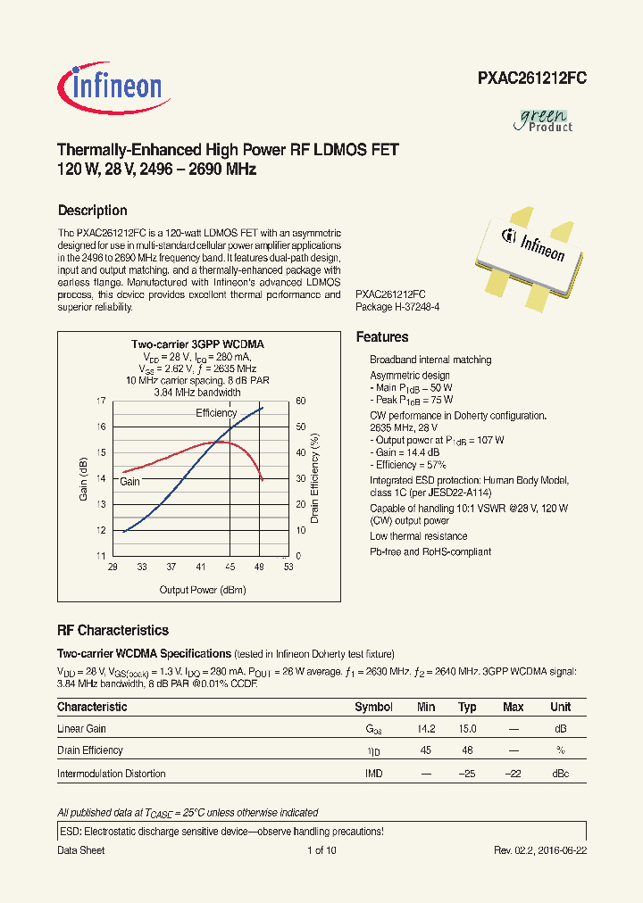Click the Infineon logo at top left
110,87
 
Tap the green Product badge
544,120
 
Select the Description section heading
92,211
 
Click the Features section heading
382,337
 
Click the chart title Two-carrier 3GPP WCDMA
197,344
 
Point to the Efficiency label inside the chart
216,413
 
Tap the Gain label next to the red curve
130,482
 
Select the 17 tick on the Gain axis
100,402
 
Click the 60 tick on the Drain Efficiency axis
301,402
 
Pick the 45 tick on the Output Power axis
230,567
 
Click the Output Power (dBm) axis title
202,590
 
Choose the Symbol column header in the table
373,707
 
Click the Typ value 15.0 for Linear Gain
467,729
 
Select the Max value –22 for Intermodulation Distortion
513,774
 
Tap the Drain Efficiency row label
90,750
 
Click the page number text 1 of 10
321,850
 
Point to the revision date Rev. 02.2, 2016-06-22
540,850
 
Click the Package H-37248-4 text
397,306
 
